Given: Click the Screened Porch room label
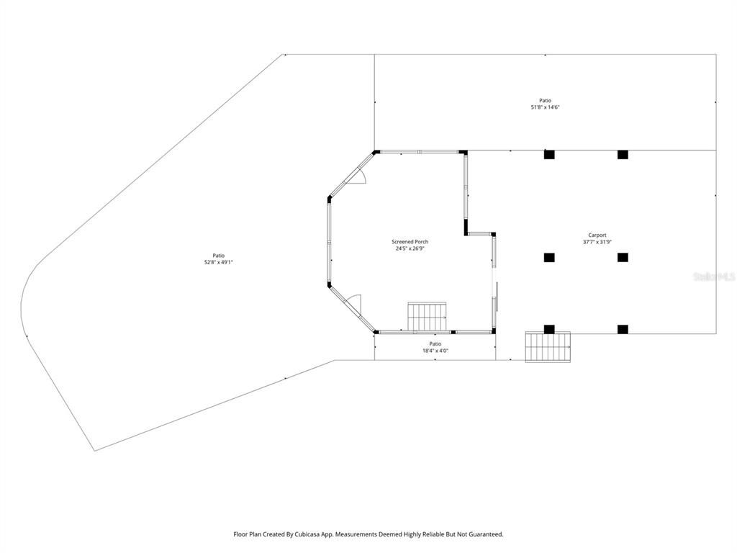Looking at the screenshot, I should point(410,242).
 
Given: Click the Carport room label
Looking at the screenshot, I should point(597,235).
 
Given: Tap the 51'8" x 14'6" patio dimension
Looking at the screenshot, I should point(545,107).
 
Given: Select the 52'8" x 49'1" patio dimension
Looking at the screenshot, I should point(218,262).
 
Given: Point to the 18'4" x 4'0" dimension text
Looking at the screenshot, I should point(435,351).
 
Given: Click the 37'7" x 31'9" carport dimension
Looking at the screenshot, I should point(597,242).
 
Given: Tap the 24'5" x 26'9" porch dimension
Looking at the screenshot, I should point(410,248).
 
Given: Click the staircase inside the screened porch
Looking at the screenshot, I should point(428,315).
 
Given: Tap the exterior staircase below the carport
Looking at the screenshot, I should point(548,346).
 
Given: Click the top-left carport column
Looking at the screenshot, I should point(549,154).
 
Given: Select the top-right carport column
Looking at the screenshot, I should point(623,154).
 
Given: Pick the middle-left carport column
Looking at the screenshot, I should point(549,257).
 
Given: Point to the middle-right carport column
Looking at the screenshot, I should point(623,257).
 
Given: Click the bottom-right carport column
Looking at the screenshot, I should point(623,329).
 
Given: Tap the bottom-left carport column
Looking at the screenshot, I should point(549,329).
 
